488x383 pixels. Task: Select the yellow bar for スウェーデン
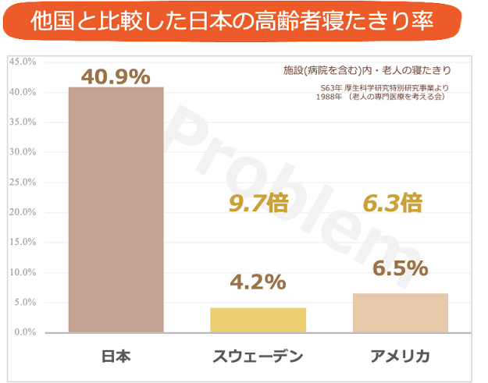(x=258, y=320)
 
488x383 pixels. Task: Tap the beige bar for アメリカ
(x=400, y=313)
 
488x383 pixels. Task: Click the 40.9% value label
(x=115, y=76)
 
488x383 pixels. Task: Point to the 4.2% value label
(x=258, y=282)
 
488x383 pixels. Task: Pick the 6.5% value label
(x=400, y=268)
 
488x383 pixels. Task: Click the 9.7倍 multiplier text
(x=258, y=204)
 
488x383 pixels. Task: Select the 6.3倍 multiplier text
(x=393, y=204)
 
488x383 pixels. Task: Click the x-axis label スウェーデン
(x=258, y=356)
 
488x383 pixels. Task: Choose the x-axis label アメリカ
(x=400, y=356)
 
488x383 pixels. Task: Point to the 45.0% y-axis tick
(x=22, y=62)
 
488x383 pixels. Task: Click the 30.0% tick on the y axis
(x=22, y=152)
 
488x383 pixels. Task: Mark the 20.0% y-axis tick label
(x=22, y=212)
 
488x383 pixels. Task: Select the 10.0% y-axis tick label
(x=22, y=272)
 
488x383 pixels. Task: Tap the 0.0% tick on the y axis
(x=24, y=332)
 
